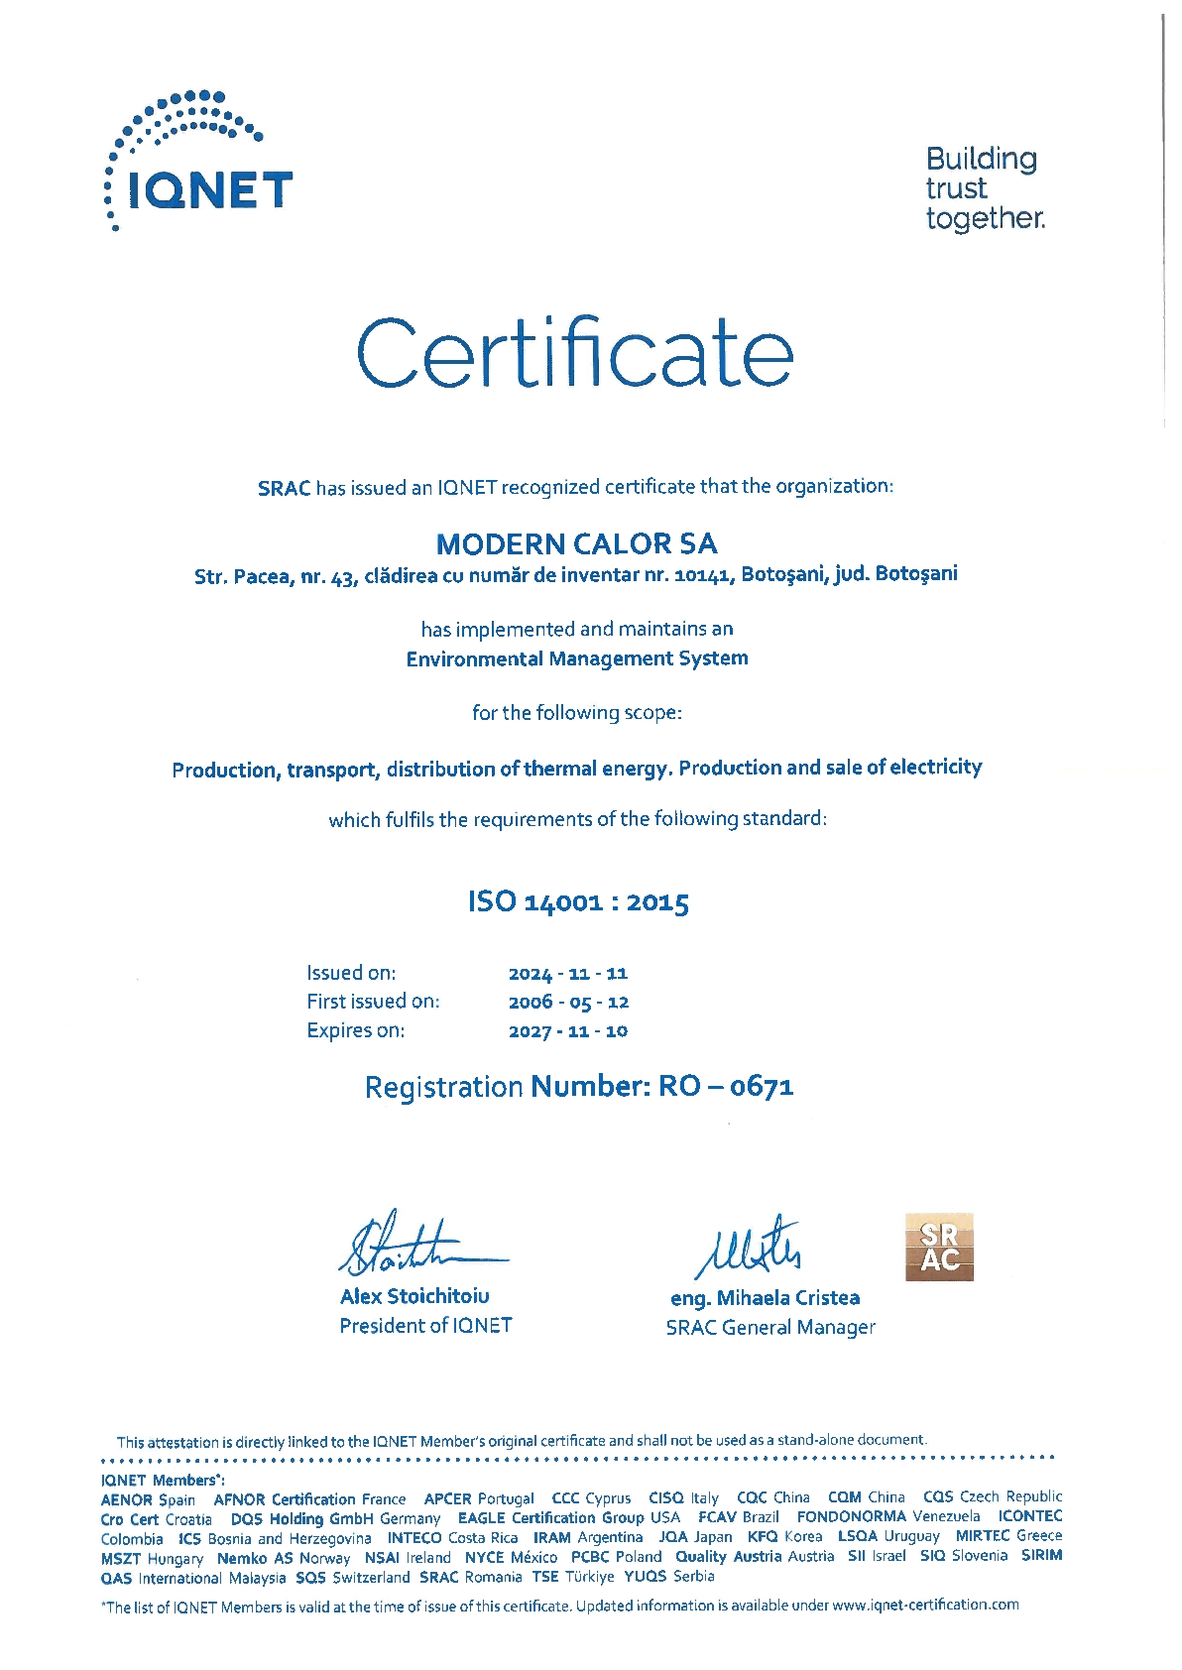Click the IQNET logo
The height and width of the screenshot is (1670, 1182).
tap(199, 164)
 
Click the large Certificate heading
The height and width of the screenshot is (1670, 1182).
tap(575, 353)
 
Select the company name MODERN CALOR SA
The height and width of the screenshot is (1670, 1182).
tap(576, 543)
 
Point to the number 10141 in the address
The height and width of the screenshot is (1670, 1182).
tap(703, 574)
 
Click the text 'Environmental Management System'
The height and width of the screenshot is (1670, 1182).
tap(577, 658)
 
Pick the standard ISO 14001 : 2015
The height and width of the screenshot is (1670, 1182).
tap(578, 901)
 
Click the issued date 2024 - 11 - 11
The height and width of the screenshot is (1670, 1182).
tap(568, 974)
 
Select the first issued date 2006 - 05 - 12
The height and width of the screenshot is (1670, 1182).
tap(568, 1003)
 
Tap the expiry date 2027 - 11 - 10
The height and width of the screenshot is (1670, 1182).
tap(568, 1031)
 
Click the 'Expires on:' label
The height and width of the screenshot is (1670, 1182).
tap(355, 1030)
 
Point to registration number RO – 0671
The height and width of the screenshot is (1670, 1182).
tap(726, 1087)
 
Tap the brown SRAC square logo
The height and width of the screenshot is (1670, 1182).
tap(939, 1248)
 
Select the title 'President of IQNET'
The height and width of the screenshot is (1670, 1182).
tap(425, 1326)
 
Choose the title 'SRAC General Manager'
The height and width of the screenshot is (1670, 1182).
tap(770, 1328)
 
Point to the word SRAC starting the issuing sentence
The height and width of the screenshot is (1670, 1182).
tap(285, 488)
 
